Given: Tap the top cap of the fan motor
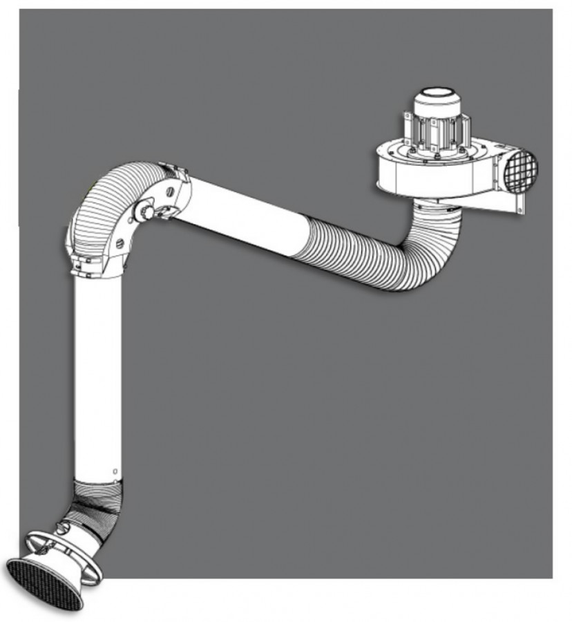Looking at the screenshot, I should click(437, 97).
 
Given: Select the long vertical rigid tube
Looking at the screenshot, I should click(97, 373).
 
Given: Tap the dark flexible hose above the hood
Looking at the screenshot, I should click(97, 505).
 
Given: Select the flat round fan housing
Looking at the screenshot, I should click(428, 169).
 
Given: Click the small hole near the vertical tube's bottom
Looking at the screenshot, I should click(114, 472).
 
